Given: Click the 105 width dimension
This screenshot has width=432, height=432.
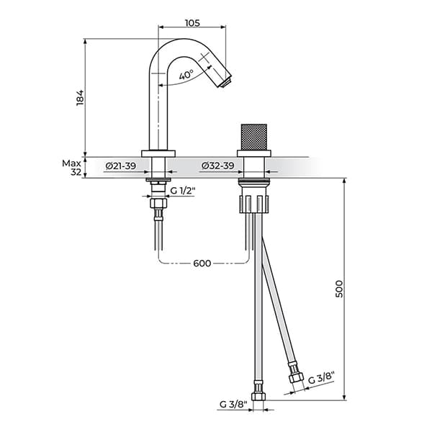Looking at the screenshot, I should (x=192, y=22).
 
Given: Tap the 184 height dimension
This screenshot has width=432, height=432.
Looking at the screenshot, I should (x=81, y=97).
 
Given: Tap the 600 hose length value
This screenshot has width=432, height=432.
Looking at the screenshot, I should (x=202, y=263).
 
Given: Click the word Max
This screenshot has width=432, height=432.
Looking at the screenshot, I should (x=71, y=163).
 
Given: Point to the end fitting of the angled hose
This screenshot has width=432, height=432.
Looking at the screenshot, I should (x=294, y=377).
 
